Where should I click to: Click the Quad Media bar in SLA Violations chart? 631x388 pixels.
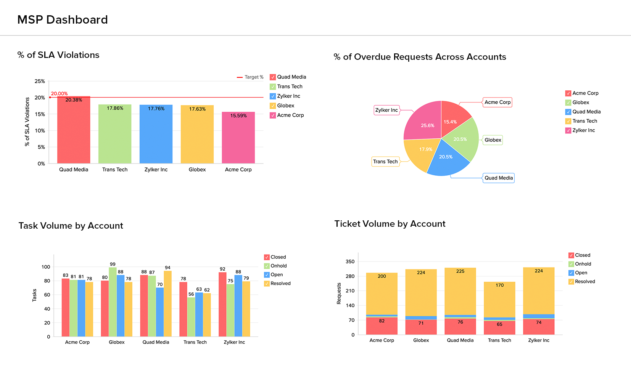coord(74,130)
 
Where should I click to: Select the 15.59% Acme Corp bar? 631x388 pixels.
coord(238,138)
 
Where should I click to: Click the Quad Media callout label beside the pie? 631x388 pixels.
coord(499,178)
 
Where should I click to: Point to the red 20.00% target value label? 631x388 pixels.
coord(59,93)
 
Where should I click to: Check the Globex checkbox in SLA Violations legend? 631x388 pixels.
coord(273,106)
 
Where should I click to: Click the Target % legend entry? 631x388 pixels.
coord(250,77)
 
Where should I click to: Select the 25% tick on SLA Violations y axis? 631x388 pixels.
coord(40,81)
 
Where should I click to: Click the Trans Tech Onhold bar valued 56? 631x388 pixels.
coord(191,317)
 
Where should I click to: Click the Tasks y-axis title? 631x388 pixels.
coord(34,295)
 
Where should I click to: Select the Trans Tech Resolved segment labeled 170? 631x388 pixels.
coord(499,300)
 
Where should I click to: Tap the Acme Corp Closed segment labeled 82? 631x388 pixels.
coord(381,326)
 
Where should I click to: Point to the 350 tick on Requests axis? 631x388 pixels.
coord(350,261)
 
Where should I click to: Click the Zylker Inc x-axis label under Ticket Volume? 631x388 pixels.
coord(539,340)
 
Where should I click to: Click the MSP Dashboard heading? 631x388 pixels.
coord(63,20)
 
